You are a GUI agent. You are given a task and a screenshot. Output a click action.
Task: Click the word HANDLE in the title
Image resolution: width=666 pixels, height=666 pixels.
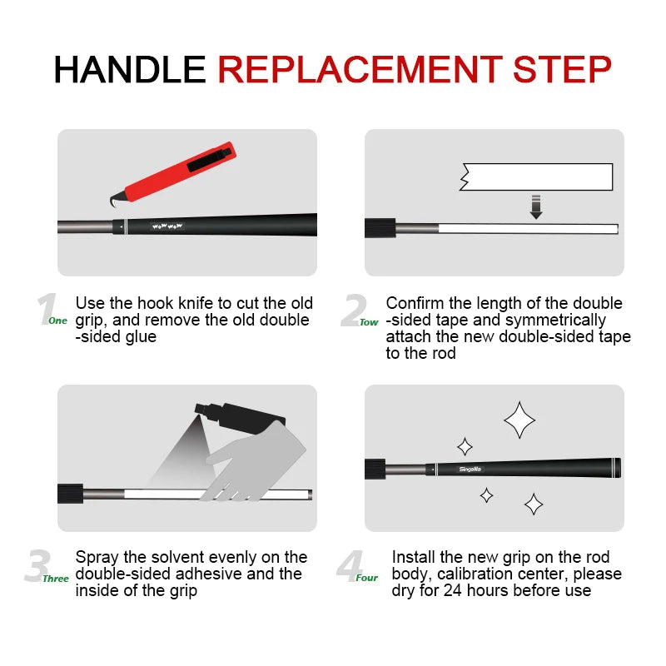point(129,69)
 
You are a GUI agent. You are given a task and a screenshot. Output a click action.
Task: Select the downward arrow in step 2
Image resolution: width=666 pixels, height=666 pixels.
point(535,206)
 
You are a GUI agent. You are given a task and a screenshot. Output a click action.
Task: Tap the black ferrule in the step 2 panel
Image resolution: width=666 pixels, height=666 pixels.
point(380,227)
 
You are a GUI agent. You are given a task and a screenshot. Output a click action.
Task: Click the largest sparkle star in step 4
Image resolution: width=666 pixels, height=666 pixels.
point(519,420)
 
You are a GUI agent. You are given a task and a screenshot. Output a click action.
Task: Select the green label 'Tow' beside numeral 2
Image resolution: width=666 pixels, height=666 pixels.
point(369,322)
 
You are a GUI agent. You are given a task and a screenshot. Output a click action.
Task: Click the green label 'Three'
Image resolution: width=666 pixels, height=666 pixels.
point(57,578)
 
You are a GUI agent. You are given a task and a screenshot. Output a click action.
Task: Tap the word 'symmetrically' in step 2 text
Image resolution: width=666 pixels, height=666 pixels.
point(559,320)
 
